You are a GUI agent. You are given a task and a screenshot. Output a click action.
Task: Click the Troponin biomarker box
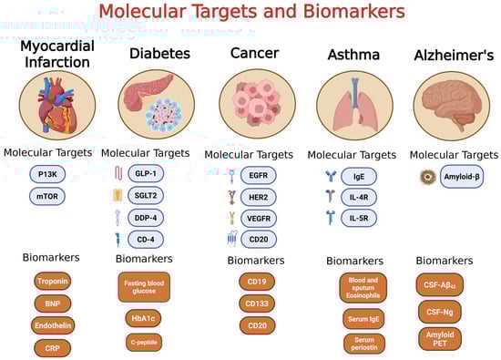tap(52, 282)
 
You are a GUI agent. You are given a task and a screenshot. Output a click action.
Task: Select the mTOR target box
tap(47, 195)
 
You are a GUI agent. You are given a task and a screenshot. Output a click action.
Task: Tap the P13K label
tap(47, 173)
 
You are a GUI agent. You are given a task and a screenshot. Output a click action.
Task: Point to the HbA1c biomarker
tap(148, 318)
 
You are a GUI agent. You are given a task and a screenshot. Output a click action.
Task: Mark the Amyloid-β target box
tap(462, 173)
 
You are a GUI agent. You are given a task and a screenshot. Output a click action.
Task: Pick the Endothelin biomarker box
tap(52, 325)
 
